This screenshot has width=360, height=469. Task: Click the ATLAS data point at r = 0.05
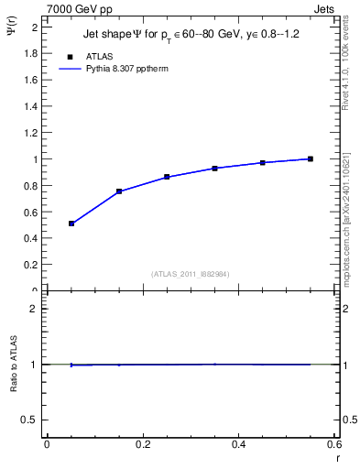pyautogui.click(x=71, y=224)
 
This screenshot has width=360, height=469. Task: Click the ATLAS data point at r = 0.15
pyautogui.click(x=119, y=191)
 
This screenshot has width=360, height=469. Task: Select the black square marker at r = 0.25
pyautogui.click(x=167, y=177)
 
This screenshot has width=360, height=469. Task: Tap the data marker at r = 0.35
pyautogui.click(x=214, y=169)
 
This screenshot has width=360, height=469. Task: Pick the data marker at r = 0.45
pyautogui.click(x=263, y=162)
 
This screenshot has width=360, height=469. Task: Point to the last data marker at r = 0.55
pyautogui.click(x=311, y=158)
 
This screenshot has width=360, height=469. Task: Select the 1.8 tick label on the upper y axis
pyautogui.click(x=30, y=53)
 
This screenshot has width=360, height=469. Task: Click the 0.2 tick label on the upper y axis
pyautogui.click(x=30, y=265)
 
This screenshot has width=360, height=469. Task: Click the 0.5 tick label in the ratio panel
pyautogui.click(x=30, y=420)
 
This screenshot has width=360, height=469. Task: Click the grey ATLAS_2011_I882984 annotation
pyautogui.click(x=191, y=274)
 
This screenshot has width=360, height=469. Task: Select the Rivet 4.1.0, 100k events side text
pyautogui.click(x=345, y=63)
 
